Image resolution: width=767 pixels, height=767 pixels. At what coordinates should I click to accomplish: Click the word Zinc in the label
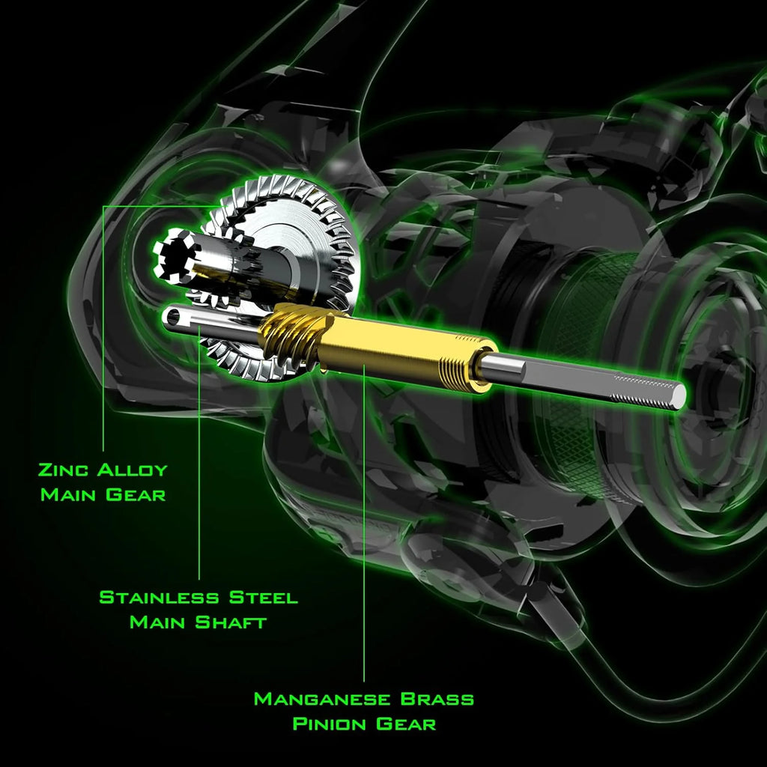click(64, 470)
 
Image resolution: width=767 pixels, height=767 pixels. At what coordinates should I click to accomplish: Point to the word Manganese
click(322, 700)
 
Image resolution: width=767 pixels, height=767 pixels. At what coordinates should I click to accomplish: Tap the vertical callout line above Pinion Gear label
click(364, 524)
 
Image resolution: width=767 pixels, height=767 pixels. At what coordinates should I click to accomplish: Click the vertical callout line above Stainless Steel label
click(199, 464)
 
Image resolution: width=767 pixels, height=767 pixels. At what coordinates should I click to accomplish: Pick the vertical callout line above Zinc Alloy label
click(103, 330)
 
